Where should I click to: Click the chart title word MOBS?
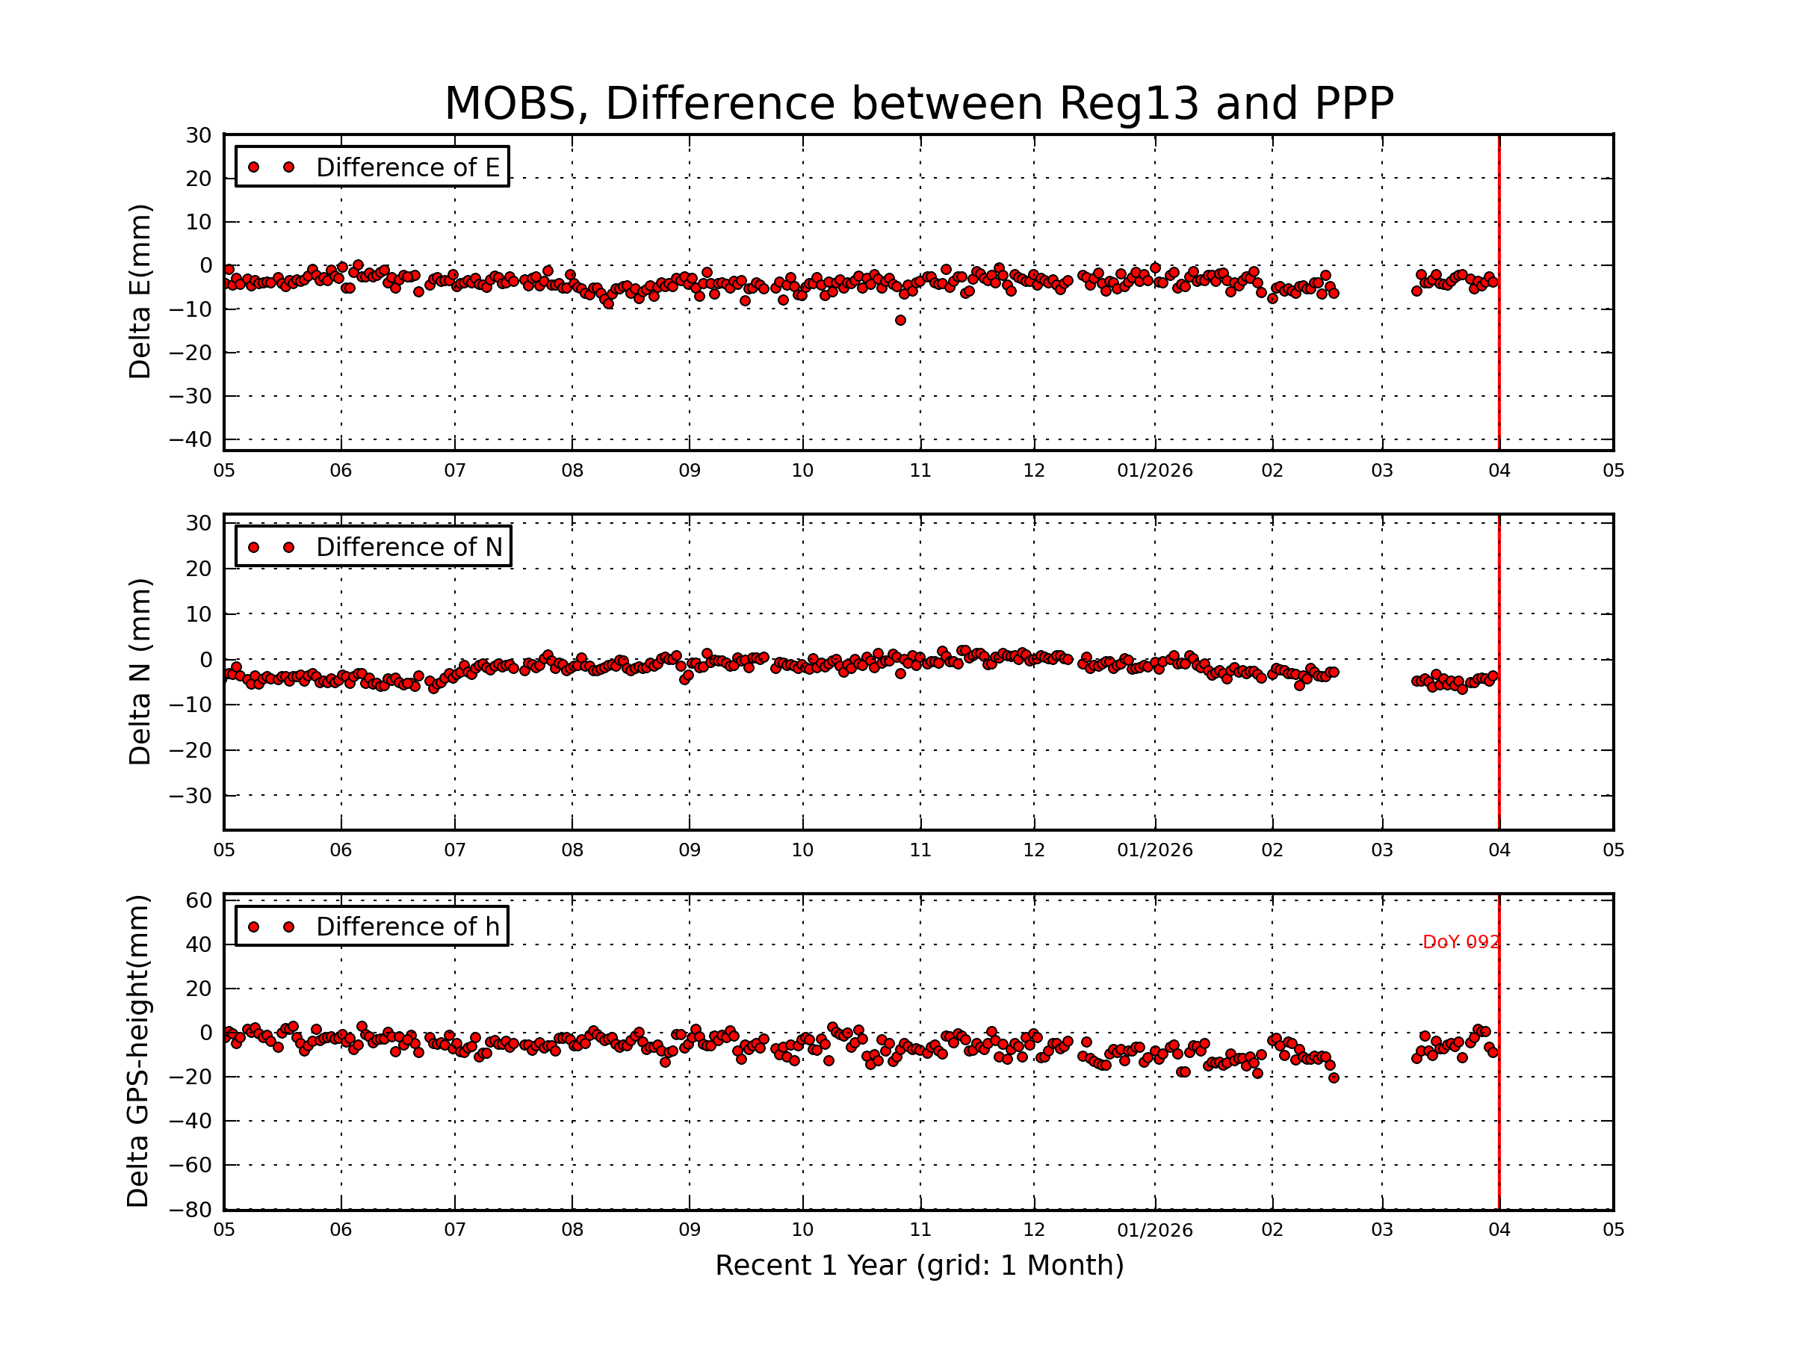click(515, 105)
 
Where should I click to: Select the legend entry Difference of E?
click(407, 167)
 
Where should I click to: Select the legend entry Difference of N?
click(409, 547)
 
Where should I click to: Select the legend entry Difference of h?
click(407, 927)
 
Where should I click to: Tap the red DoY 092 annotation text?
click(1461, 942)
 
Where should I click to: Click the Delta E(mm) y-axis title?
click(140, 292)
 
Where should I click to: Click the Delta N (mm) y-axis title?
click(140, 671)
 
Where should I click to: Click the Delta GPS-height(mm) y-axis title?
click(137, 1051)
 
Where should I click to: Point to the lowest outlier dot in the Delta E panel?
click(899, 321)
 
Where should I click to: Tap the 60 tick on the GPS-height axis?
click(199, 900)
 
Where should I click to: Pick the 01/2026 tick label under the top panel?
click(1154, 471)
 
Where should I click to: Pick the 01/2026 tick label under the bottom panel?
click(1154, 1230)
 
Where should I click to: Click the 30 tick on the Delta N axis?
click(199, 523)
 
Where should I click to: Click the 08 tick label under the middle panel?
click(572, 850)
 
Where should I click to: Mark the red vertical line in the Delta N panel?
click(1499, 729)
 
